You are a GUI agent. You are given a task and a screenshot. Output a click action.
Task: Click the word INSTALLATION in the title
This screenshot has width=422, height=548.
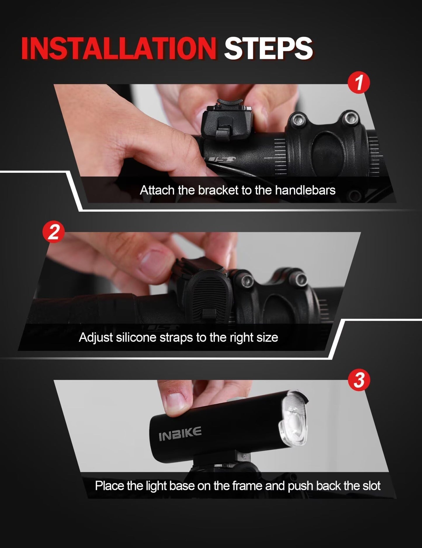coord(118,48)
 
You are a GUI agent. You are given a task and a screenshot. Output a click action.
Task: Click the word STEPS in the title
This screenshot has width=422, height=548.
coord(268,48)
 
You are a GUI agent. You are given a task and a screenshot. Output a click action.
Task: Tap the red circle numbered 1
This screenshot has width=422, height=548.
coord(359,83)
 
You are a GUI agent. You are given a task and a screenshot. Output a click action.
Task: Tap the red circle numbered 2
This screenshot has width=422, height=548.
coord(53,232)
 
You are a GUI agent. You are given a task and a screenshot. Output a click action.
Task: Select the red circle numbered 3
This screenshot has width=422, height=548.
coord(359,381)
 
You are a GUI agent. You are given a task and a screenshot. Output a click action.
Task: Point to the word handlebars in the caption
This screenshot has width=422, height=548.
coord(305,190)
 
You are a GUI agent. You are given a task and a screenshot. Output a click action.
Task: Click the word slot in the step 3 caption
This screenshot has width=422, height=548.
coord(371,486)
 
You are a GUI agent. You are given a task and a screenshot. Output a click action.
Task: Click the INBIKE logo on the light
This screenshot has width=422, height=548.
coord(180,433)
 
